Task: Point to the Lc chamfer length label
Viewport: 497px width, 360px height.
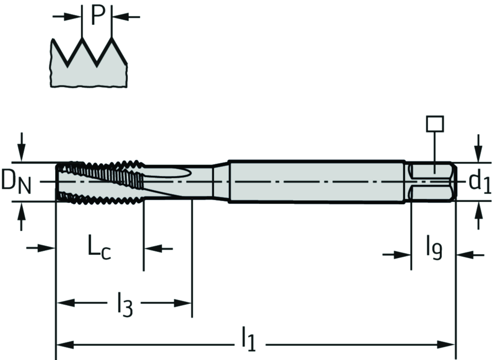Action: (x=99, y=248)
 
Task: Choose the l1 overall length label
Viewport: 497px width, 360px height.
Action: (x=248, y=340)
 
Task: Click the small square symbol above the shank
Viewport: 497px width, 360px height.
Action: (x=435, y=124)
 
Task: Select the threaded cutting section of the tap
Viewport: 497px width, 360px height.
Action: (x=99, y=181)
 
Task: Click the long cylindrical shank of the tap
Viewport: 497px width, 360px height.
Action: (x=315, y=181)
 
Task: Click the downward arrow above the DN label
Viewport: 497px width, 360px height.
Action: (x=21, y=146)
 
